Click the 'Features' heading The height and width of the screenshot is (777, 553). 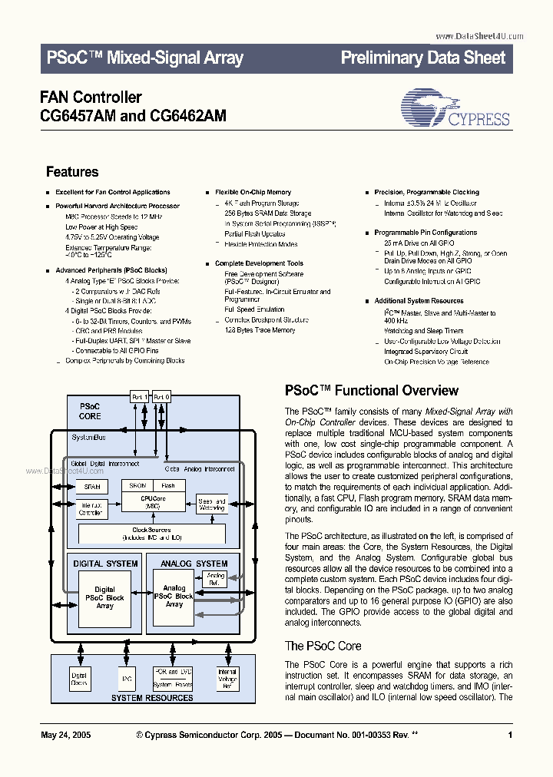(72, 172)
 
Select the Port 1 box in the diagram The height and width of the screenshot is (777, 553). (139, 397)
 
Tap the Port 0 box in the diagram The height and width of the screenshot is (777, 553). (161, 397)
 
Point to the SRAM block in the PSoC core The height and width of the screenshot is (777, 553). (91, 487)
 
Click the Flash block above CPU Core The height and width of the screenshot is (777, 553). (168, 485)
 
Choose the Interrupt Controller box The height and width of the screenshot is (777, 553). (92, 508)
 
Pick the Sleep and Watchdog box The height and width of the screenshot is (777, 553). (211, 504)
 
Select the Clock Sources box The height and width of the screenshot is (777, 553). (151, 533)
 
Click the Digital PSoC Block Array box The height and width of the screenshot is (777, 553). (104, 598)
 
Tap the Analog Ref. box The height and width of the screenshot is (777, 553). (216, 579)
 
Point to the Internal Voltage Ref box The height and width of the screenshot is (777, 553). (227, 678)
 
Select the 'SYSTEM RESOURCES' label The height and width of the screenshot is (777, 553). (152, 698)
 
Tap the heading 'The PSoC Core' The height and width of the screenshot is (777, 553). (323, 646)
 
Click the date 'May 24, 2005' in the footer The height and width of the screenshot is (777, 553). (65, 735)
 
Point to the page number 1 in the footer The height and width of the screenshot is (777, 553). (510, 735)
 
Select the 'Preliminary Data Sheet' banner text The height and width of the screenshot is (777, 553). (422, 58)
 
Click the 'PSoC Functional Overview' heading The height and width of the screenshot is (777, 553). (372, 391)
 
